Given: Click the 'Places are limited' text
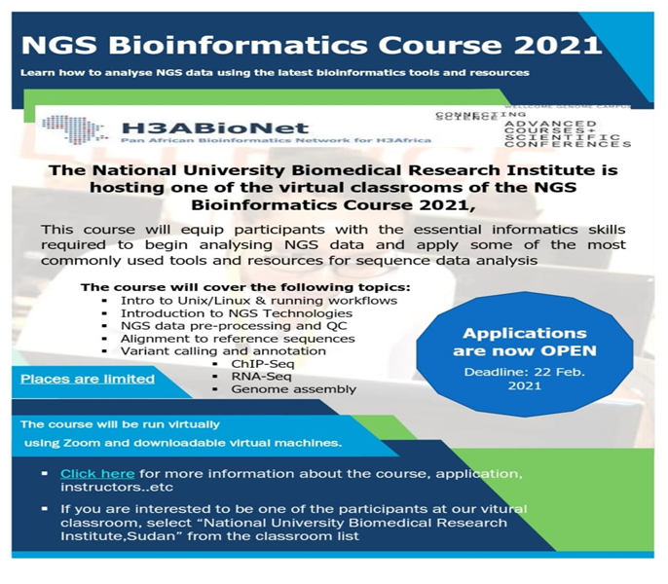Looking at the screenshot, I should [x=88, y=378].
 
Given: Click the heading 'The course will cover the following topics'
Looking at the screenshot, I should [x=245, y=287].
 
